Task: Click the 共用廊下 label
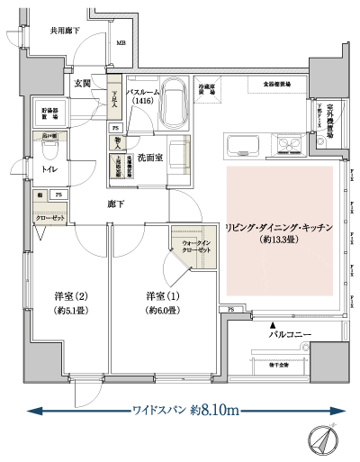[x=65, y=32]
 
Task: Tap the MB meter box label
[x=121, y=41]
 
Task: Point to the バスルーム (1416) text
[x=146, y=97]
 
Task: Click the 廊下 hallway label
[x=113, y=204]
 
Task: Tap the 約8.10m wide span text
[x=213, y=411]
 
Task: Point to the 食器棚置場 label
[x=277, y=84]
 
